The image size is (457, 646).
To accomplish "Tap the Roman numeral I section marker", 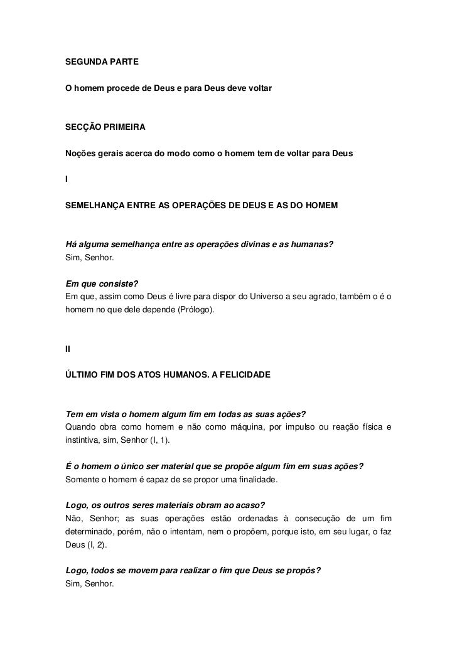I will pyautogui.click(x=67, y=179).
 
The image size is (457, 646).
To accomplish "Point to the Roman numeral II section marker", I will pyautogui.click(x=68, y=349).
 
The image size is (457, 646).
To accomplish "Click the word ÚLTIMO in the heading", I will pyautogui.click(x=82, y=374).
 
